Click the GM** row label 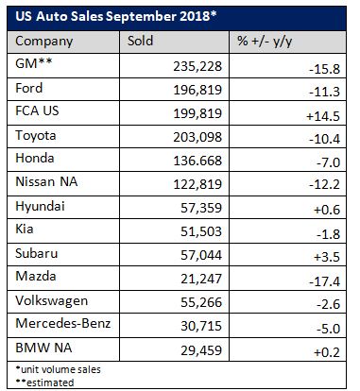(x=34, y=65)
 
